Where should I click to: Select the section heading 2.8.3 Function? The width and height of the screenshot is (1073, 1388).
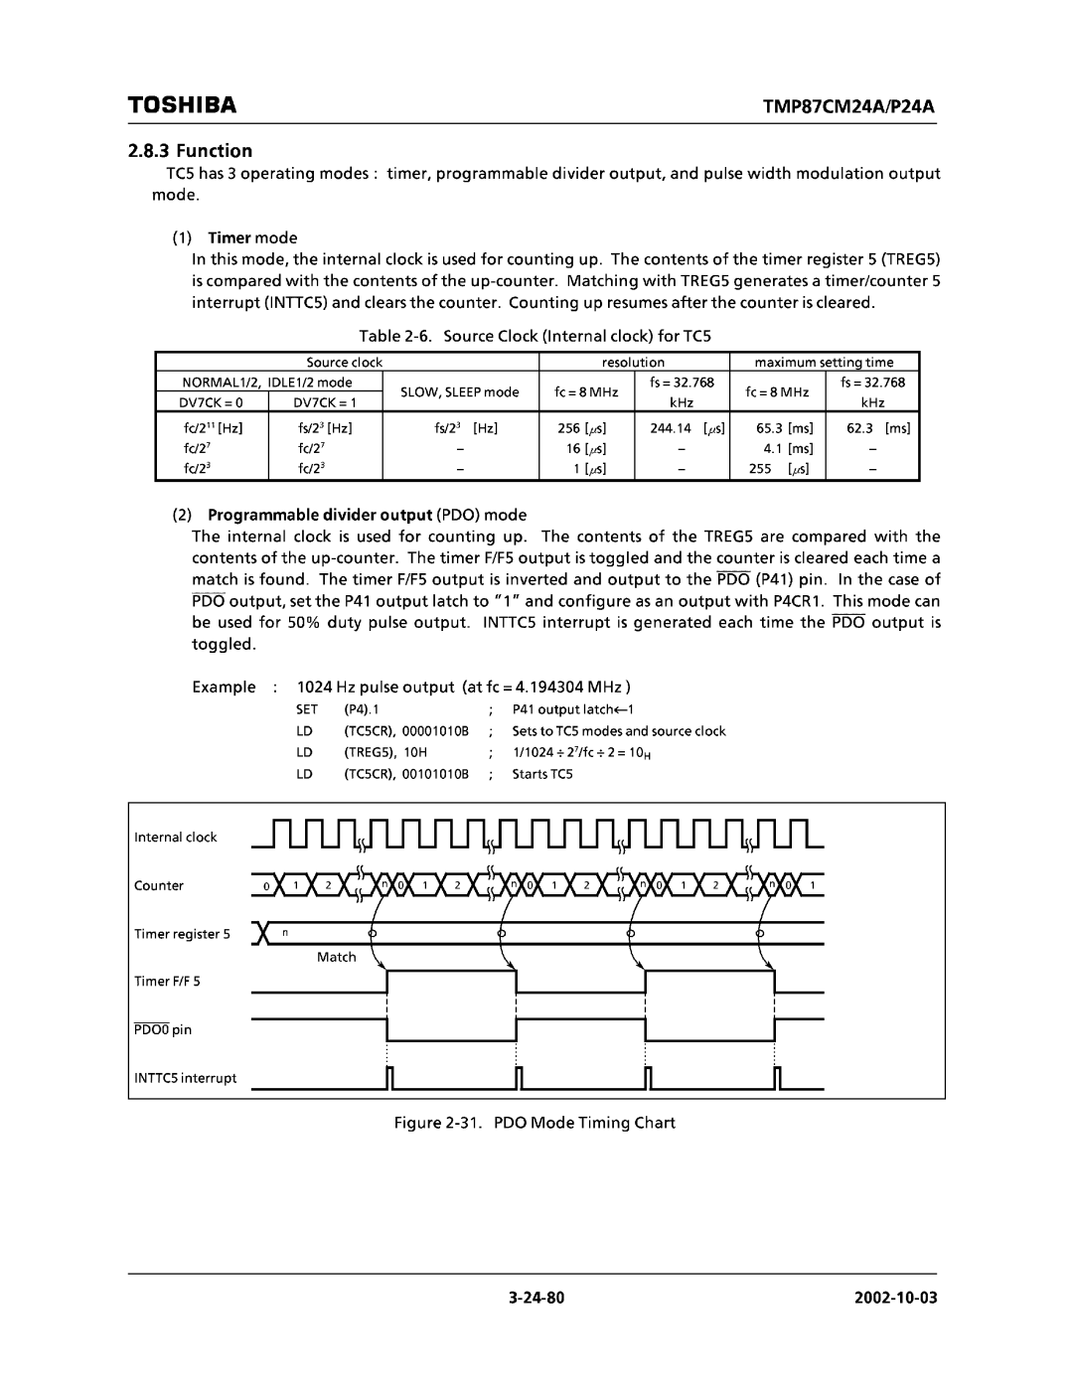click(x=190, y=151)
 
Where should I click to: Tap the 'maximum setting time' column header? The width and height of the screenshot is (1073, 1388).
click(x=824, y=363)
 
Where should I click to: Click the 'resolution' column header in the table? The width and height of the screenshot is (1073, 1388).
click(x=633, y=363)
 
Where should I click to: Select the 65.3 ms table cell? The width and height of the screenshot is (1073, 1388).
click(x=784, y=428)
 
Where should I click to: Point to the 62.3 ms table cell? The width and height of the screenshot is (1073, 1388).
click(x=877, y=428)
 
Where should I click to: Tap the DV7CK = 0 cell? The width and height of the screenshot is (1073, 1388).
click(x=211, y=402)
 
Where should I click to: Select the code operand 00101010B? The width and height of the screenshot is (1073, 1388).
click(x=436, y=774)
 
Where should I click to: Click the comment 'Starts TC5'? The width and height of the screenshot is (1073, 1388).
click(x=542, y=774)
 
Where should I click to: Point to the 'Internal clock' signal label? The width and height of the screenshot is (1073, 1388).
click(x=175, y=838)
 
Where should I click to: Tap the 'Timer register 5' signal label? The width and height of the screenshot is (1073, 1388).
click(x=182, y=934)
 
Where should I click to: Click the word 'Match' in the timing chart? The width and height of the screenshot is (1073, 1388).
click(x=336, y=957)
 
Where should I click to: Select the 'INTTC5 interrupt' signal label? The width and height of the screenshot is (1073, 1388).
click(x=186, y=1078)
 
